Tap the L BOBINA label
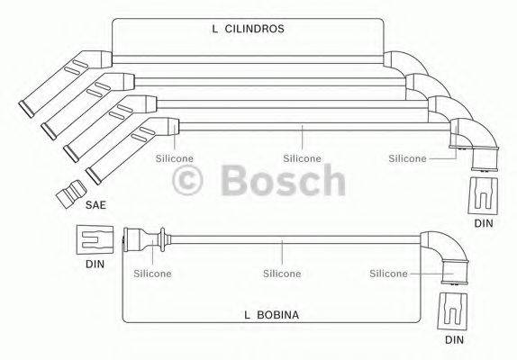(270, 315)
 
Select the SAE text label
(96, 205)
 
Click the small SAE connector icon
(69, 192)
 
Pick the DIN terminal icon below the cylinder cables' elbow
(485, 193)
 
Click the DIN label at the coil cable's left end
(95, 266)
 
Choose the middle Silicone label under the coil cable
(281, 273)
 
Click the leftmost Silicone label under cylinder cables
(174, 158)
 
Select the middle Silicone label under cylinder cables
(302, 158)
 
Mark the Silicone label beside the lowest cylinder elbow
(406, 158)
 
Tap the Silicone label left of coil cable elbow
(388, 273)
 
